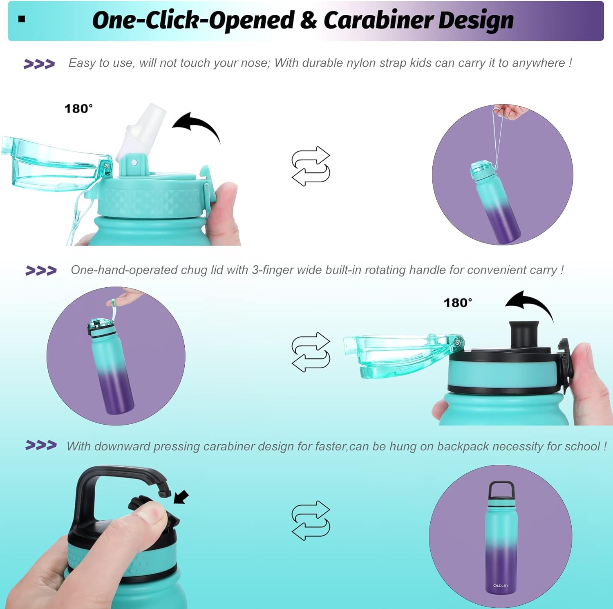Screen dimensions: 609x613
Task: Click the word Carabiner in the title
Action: pyautogui.click(x=378, y=20)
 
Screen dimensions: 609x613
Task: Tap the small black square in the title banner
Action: pyautogui.click(x=22, y=19)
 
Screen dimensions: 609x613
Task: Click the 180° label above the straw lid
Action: pyautogui.click(x=78, y=109)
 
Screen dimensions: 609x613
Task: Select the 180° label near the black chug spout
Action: pyautogui.click(x=458, y=303)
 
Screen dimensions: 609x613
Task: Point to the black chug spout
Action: pyautogui.click(x=524, y=333)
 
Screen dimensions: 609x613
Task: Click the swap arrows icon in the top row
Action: pyautogui.click(x=311, y=166)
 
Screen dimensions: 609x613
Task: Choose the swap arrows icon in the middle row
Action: pyautogui.click(x=311, y=352)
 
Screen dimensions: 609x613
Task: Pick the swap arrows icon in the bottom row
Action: pyautogui.click(x=311, y=520)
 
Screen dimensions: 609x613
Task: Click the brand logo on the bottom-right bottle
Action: pyautogui.click(x=501, y=586)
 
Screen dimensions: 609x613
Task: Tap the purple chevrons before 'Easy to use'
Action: pyautogui.click(x=39, y=64)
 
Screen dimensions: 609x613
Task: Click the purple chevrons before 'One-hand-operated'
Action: pyautogui.click(x=41, y=271)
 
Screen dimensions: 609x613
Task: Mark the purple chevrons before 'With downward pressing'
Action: pyautogui.click(x=41, y=445)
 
